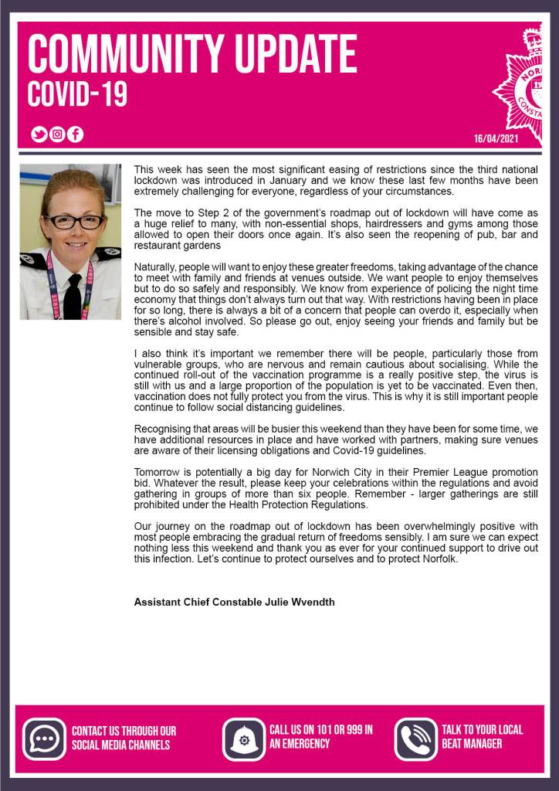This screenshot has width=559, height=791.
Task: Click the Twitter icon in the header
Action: click(39, 134)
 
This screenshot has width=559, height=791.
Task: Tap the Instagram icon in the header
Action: click(57, 134)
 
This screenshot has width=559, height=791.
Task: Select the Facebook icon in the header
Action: click(75, 134)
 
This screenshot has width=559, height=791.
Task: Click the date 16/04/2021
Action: click(496, 139)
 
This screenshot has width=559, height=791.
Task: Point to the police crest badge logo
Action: click(533, 81)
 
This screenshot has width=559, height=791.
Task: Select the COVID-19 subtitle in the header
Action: click(77, 94)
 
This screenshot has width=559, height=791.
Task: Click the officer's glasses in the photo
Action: click(74, 222)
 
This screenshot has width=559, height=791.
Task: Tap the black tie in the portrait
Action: click(73, 297)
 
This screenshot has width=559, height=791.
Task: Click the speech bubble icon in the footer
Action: click(44, 738)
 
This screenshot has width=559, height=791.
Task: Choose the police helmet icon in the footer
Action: click(244, 738)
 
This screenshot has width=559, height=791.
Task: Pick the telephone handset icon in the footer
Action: click(416, 738)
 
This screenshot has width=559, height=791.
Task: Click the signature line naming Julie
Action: click(234, 602)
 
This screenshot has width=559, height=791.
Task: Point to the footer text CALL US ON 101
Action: click(320, 729)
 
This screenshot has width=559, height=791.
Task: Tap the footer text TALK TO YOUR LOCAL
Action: click(482, 729)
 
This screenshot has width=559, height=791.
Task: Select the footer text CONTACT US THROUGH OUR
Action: click(124, 730)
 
